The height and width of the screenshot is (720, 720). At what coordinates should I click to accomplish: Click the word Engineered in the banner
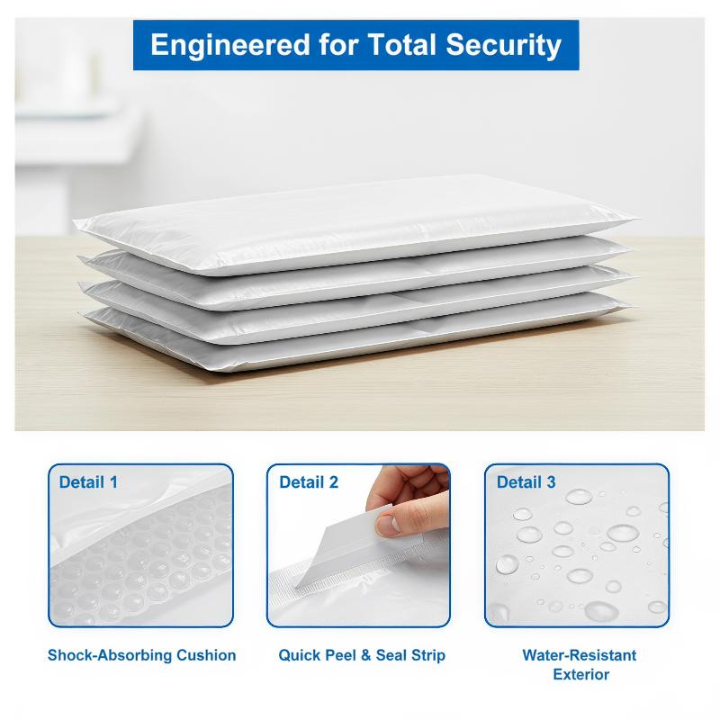pos(230,46)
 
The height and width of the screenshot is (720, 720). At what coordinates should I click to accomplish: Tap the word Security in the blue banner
pos(503,46)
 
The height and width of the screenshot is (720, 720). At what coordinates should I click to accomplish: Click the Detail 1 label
pos(88,482)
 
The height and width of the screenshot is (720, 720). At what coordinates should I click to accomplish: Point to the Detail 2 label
pos(309,482)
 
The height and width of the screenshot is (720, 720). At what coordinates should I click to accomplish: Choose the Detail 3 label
pos(526,482)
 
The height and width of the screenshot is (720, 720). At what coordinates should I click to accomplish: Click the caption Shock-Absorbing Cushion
pos(142,655)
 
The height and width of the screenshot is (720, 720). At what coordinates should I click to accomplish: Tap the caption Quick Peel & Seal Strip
pos(362,655)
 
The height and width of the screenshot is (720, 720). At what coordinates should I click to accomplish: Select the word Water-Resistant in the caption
pos(580,655)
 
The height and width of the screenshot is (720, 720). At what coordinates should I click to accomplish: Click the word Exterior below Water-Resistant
pos(580,674)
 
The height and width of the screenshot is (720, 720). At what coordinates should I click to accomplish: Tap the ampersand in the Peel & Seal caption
pos(365,655)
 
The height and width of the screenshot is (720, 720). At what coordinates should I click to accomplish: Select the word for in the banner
pos(338,44)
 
